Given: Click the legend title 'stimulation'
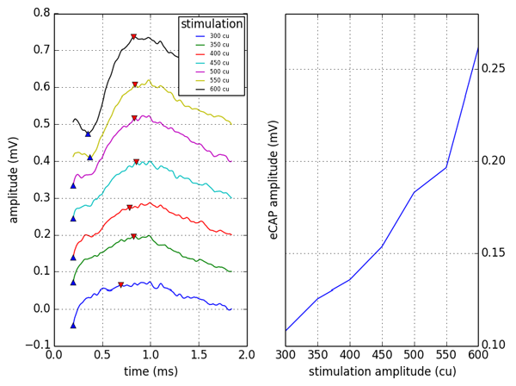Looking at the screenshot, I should point(212,24).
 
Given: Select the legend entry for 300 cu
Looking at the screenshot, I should point(218,35).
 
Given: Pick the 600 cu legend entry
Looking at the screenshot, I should point(218,89).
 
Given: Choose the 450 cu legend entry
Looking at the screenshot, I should point(218,62).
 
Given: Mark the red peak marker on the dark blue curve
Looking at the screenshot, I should point(120,284).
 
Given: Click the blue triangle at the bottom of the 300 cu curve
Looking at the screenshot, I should point(73,325).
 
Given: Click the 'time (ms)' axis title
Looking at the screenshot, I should point(150,372).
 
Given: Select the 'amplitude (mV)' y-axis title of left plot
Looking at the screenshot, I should point(12,179).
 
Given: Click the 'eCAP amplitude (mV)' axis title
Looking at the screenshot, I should point(273,179).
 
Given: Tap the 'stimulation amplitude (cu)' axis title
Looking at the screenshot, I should point(382,372).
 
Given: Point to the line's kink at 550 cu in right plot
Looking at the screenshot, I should point(445,167).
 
